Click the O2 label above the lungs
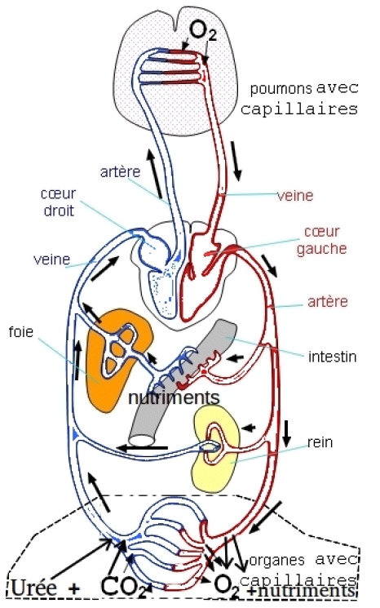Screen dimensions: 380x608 pos(202,31)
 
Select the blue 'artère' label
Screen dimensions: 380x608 pos(120,171)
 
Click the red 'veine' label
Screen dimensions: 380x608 pos(295,195)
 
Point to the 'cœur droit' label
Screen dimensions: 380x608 pos(59,202)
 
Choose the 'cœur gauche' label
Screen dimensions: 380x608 pos(321,240)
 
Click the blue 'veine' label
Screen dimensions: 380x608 pos(52,260)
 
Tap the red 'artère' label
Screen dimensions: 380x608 pos(328,302)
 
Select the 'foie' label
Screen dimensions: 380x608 pos(21,332)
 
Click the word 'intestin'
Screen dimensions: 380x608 pos(333,357)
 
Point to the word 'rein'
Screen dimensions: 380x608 pos(320,442)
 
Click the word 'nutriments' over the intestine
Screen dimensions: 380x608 pos(174,397)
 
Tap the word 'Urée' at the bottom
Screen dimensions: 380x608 pos(34,588)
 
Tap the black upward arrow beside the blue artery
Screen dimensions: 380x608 pos(154,173)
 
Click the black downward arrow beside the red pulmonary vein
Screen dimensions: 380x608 pos(236,162)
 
